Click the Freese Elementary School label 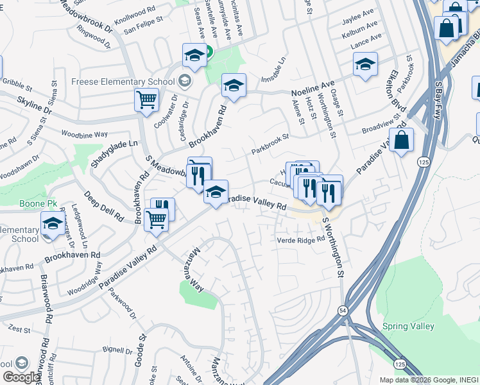[123, 81]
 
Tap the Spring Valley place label [408, 326]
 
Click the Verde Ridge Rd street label [301, 240]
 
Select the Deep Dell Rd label [103, 205]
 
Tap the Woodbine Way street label [84, 134]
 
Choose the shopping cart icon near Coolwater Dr [146, 100]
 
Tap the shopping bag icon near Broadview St [401, 141]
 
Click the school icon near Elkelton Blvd [365, 64]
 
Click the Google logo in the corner [21, 377]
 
